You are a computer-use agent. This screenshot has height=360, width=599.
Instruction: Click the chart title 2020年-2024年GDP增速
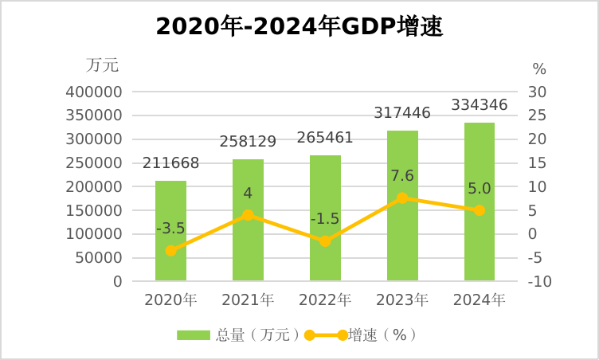299,27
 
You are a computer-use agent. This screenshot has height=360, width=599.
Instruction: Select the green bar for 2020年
170,231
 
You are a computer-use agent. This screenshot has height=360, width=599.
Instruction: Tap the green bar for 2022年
325,218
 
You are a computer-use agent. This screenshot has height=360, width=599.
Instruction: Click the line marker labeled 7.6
402,198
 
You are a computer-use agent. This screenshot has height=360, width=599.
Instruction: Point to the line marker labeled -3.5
170,250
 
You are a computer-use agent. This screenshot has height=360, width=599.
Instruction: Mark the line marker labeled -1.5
325,241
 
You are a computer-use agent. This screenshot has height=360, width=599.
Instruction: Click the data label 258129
248,142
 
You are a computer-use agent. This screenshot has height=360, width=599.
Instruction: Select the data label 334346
480,105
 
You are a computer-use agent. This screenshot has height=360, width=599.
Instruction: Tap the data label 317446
402,113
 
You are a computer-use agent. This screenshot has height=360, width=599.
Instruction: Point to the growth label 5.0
480,189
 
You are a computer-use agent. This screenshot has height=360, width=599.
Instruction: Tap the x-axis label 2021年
248,300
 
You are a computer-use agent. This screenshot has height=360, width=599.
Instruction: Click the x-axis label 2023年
402,300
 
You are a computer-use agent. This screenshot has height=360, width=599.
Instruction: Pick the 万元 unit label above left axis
103,65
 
